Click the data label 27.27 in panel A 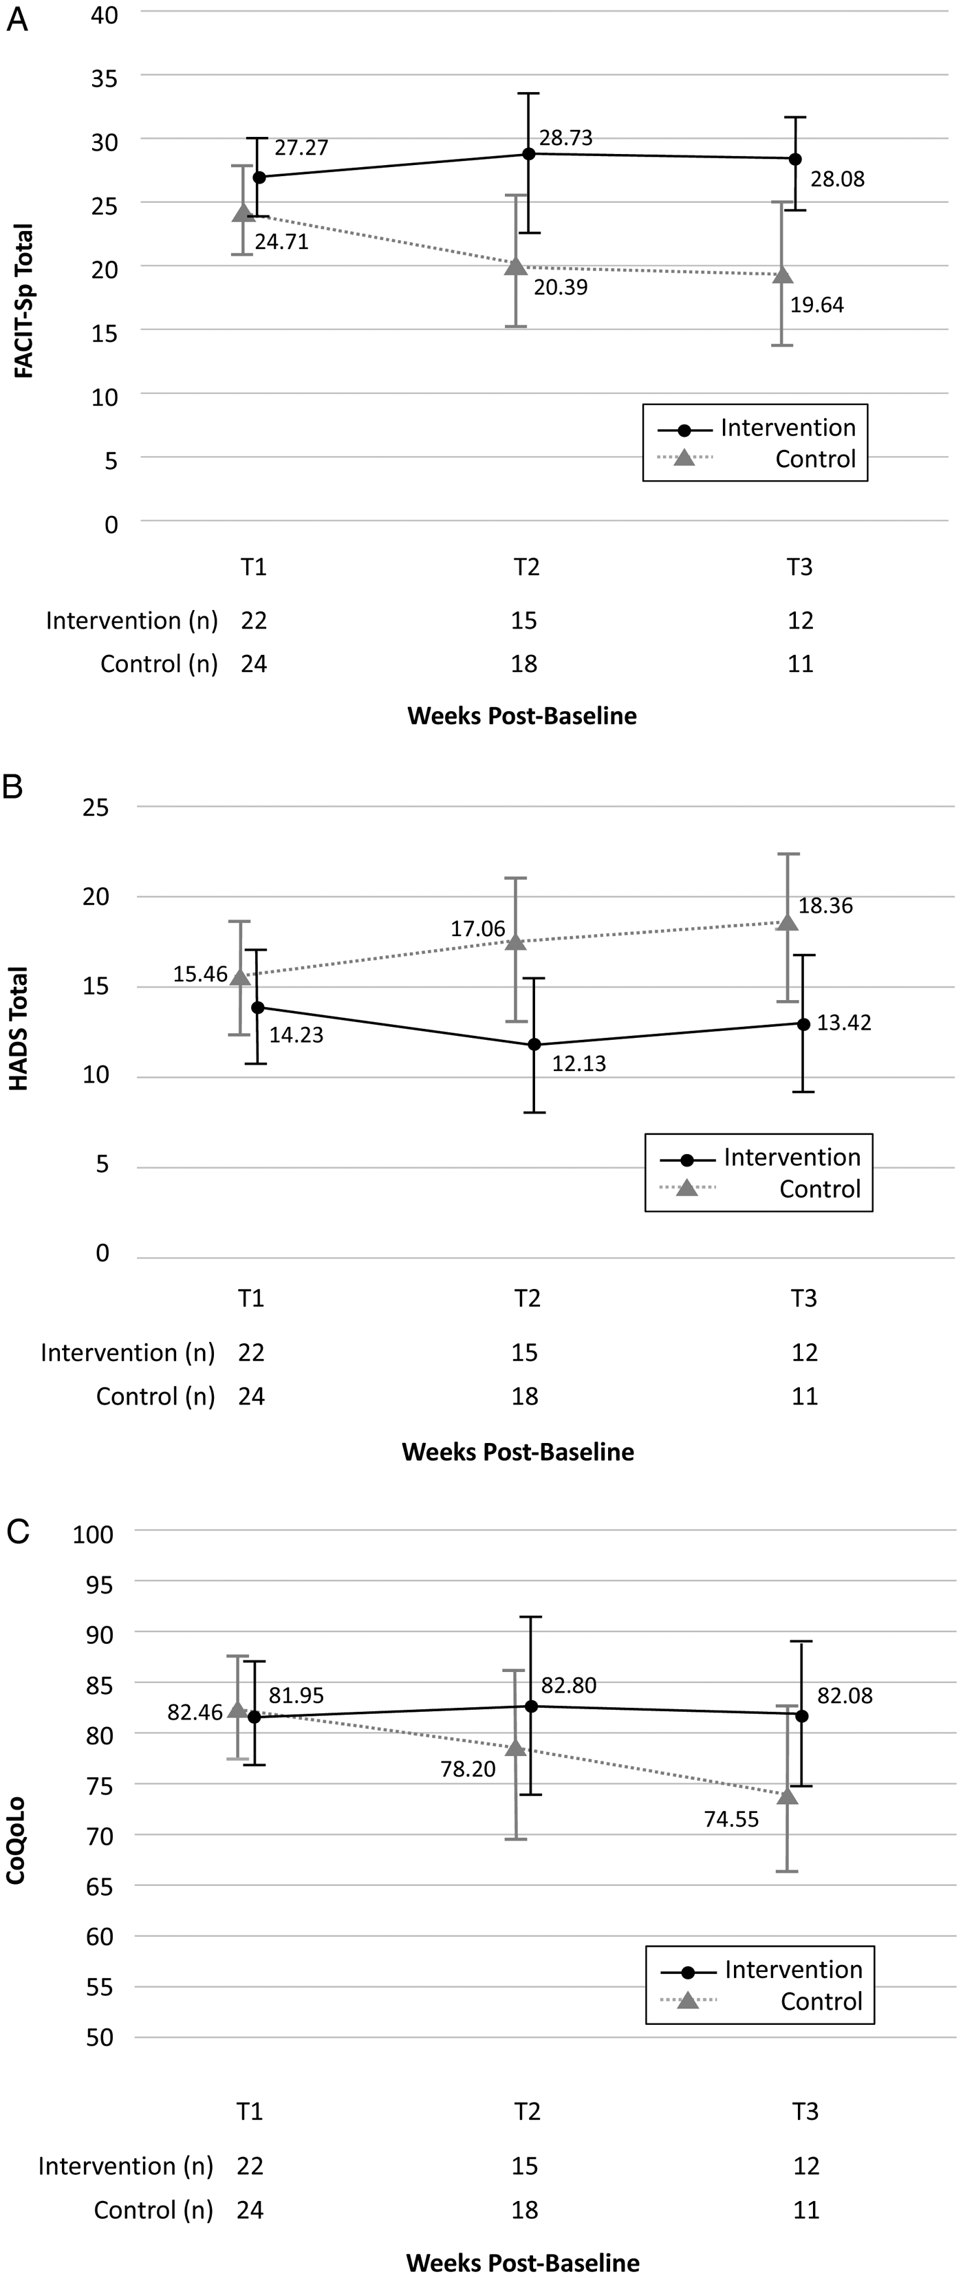301,148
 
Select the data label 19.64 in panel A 816,305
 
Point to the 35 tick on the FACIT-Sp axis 105,78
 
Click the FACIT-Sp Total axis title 24,301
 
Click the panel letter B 12,786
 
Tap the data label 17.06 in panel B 477,929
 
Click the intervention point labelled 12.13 533,1044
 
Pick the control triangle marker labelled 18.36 787,922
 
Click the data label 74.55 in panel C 731,1820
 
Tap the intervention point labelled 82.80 532,1706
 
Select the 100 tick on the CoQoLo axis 94,1534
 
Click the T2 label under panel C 527,2112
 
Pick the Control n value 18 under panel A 524,663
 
